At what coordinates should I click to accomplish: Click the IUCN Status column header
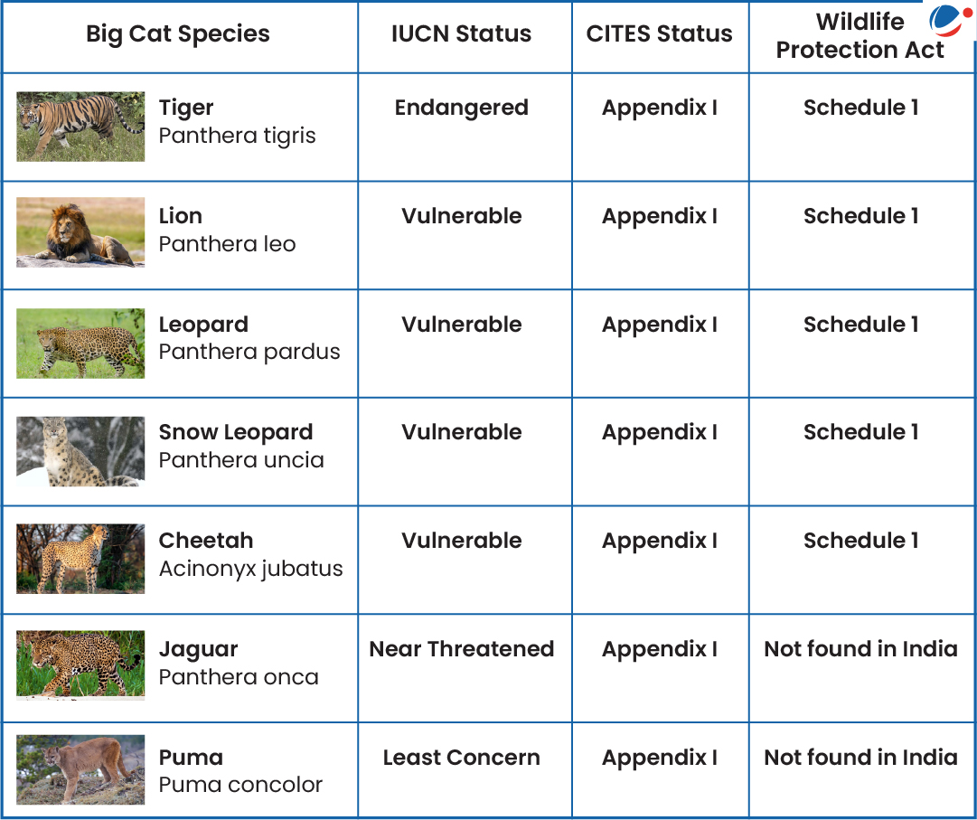click(461, 33)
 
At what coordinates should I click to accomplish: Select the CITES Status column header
click(659, 33)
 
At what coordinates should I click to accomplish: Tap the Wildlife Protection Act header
click(860, 35)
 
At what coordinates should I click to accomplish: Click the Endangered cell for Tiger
click(462, 108)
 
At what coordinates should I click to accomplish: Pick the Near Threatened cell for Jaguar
click(462, 648)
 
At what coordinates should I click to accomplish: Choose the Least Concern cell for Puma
click(462, 757)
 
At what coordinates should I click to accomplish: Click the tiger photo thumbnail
click(80, 127)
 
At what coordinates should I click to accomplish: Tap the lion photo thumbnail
click(80, 232)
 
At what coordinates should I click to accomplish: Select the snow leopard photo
click(80, 451)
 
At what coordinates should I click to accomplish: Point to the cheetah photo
click(80, 559)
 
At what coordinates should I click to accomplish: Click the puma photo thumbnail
click(80, 769)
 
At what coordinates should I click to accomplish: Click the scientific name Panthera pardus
click(249, 353)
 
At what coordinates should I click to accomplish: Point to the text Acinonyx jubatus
click(250, 569)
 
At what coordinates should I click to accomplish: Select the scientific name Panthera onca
click(239, 676)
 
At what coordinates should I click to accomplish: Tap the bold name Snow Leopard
click(236, 432)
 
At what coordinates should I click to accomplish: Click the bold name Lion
click(180, 215)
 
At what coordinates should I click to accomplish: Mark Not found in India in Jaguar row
click(860, 648)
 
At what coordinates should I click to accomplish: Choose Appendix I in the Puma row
click(659, 758)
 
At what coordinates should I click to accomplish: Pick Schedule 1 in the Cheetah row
click(860, 541)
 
